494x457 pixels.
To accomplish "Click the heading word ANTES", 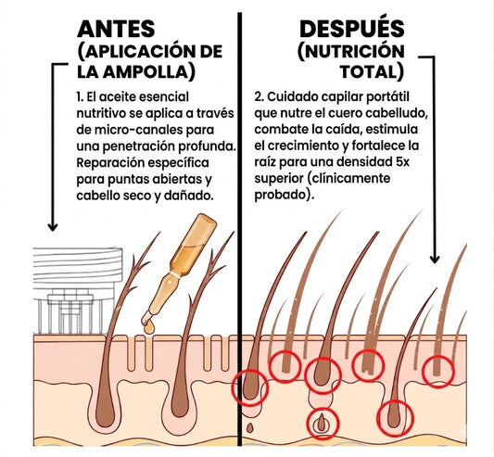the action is [116, 29].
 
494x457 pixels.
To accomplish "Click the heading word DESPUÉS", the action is [352, 28].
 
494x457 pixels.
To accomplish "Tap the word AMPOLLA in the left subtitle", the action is [146, 72].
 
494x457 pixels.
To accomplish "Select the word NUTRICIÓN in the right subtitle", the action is [354, 51].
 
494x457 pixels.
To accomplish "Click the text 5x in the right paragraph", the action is [402, 162].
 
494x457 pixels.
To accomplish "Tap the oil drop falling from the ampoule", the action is [149, 328].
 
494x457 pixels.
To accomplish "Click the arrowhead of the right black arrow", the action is [435, 260].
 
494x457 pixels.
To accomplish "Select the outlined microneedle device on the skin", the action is [77, 290].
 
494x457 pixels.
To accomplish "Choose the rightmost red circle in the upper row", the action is [437, 371].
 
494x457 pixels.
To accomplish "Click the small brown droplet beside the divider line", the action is [250, 427].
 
